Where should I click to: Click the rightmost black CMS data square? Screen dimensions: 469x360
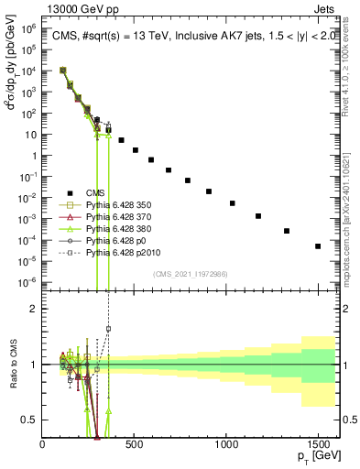[318, 245]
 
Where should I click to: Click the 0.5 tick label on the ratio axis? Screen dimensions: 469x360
[29, 420]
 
